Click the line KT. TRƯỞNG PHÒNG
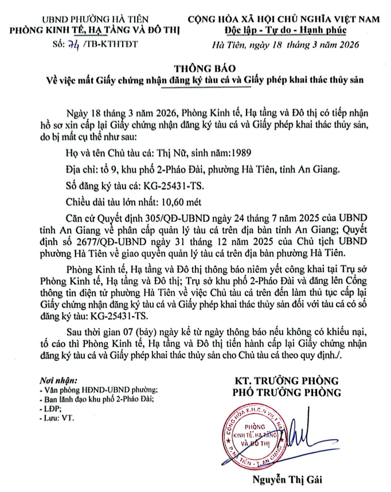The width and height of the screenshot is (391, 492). click(x=286, y=381)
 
